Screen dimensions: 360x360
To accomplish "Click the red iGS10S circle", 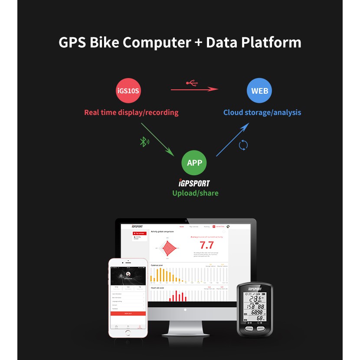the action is point(128,91).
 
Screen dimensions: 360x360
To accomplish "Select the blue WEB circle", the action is point(260,91).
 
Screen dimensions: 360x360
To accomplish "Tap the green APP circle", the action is point(194,163).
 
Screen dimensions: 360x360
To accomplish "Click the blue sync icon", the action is point(243,145).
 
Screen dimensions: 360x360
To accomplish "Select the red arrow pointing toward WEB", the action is point(194,89).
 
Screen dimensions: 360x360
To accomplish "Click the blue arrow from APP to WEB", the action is point(232,139).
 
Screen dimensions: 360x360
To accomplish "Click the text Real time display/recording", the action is point(131,112).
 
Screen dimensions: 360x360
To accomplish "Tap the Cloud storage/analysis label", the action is point(262,112).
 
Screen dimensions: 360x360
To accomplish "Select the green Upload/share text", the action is point(195,193).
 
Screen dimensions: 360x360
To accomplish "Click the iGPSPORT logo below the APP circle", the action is point(194,183).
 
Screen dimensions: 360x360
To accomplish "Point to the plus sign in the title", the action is point(198,43).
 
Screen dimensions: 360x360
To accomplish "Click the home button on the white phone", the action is point(128,333).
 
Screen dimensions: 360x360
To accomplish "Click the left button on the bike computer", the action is point(249,328).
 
